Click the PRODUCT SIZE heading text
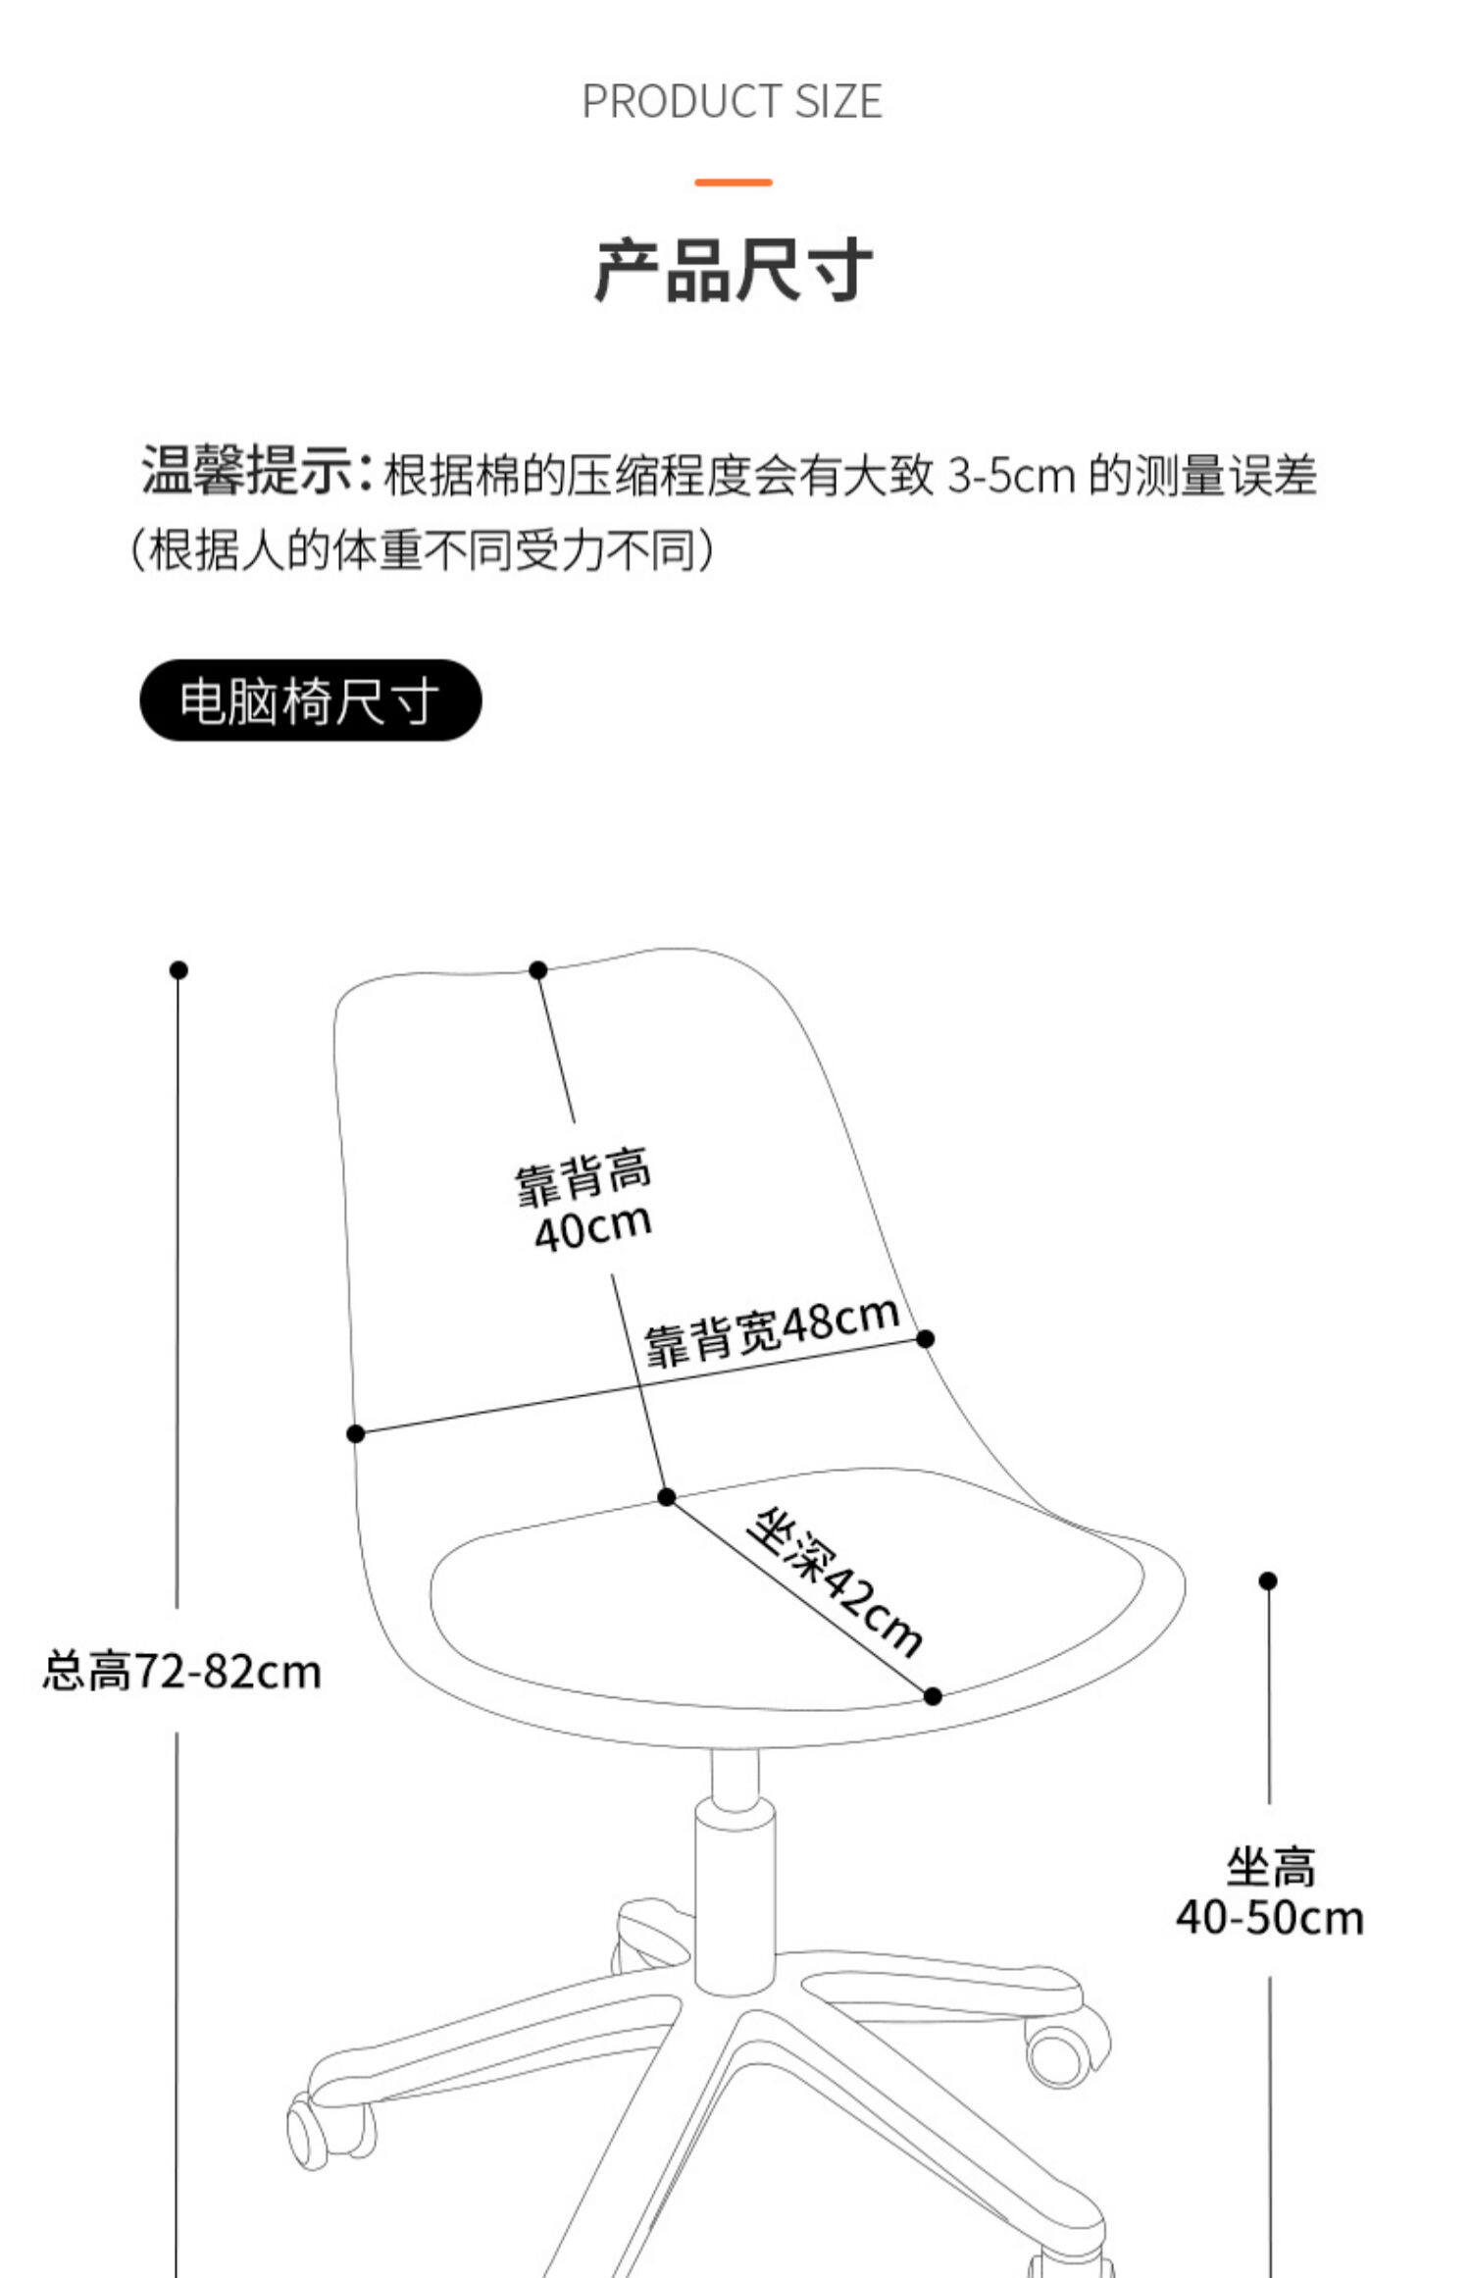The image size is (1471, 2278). (x=732, y=101)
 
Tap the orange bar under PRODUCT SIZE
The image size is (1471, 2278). (x=733, y=181)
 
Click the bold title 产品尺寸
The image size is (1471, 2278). (x=733, y=270)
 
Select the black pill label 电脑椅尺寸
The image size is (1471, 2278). (x=310, y=700)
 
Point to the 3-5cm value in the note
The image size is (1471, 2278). (x=1010, y=476)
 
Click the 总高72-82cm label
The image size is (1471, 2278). (x=182, y=1671)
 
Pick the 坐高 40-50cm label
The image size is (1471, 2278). (x=1270, y=1891)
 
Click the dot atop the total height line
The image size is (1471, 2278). (x=178, y=970)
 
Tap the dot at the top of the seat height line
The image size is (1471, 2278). (x=1268, y=1580)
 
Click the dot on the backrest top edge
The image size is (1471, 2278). (x=537, y=970)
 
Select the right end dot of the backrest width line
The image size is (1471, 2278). (x=925, y=1338)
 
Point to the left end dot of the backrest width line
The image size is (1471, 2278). (x=356, y=1434)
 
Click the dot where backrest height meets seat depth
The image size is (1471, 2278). (x=667, y=1497)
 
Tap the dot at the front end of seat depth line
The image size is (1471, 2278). (x=933, y=1696)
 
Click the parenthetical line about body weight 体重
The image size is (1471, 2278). (x=424, y=551)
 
